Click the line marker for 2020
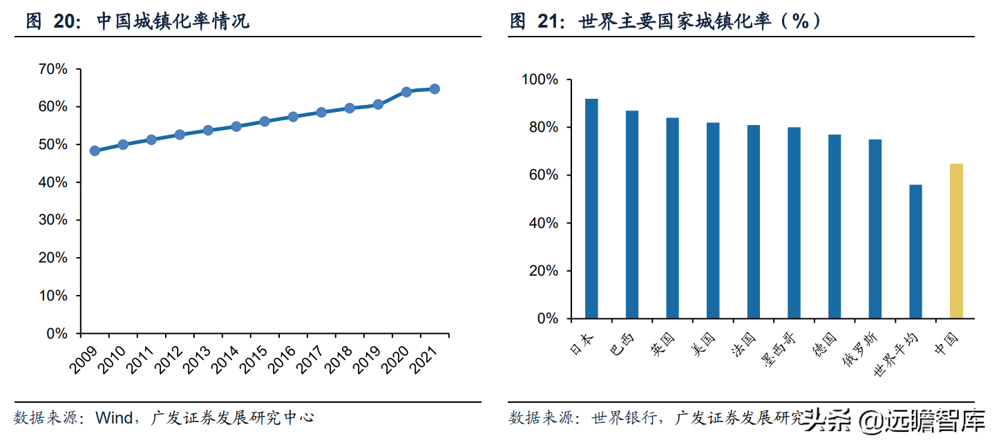(406, 92)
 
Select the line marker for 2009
(95, 151)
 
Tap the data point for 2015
(265, 122)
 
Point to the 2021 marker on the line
(435, 89)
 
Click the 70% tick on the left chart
(53, 69)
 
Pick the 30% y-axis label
(53, 220)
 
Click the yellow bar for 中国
(956, 241)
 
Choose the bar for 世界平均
(915, 251)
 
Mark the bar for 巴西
(632, 214)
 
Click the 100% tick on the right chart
(538, 80)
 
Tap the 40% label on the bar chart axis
(542, 223)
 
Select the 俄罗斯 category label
(861, 350)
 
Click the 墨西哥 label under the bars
(779, 350)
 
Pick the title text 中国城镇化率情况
(173, 21)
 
